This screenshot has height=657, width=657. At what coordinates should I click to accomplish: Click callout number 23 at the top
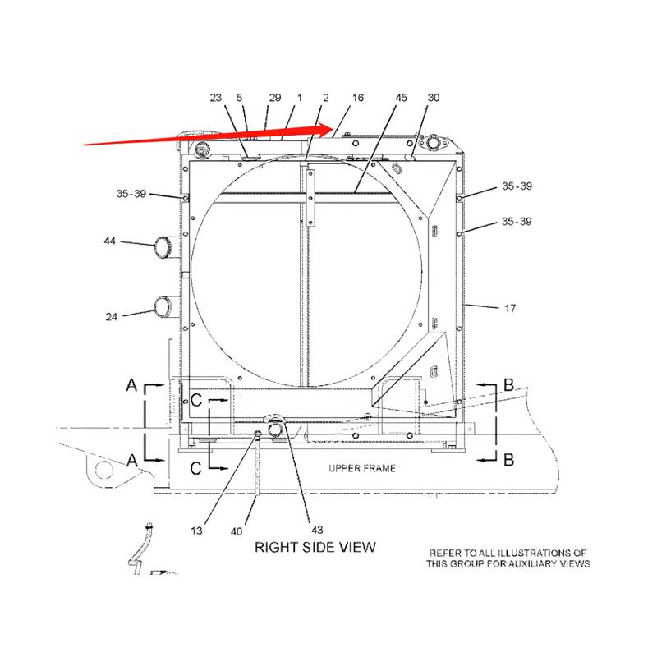[x=216, y=98]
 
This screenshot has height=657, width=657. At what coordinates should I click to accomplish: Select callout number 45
[x=401, y=98]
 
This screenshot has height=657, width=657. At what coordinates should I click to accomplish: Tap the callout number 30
[x=434, y=98]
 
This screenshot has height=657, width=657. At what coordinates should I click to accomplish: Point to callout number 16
[x=358, y=98]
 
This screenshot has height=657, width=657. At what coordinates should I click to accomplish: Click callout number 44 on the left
[x=108, y=241]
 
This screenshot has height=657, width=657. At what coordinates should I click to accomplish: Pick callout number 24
[x=111, y=315]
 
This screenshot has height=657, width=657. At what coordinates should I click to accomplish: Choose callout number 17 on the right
[x=509, y=308]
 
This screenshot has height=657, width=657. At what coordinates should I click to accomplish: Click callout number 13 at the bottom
[x=196, y=531]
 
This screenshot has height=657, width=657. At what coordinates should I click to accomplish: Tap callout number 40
[x=237, y=531]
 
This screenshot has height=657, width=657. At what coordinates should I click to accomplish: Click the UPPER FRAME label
[x=362, y=468]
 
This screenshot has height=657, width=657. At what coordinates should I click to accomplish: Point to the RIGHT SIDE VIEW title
[x=315, y=547]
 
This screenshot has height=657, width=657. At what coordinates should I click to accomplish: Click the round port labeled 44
[x=166, y=246]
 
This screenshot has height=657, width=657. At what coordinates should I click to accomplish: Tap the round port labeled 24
[x=163, y=307]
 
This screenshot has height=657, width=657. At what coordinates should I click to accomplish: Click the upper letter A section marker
[x=131, y=384]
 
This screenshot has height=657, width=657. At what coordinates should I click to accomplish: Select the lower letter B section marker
[x=508, y=460]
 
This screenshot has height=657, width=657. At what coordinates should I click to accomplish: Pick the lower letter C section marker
[x=196, y=468]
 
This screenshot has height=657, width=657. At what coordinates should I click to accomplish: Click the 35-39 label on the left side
[x=131, y=195]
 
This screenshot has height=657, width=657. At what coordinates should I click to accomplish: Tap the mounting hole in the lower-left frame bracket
[x=103, y=469]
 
